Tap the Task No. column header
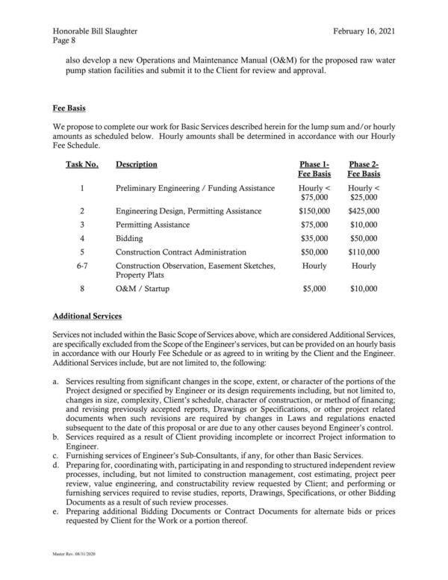coord(82,164)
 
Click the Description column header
coord(137,164)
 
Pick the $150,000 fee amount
coord(314,211)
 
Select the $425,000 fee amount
coord(364,211)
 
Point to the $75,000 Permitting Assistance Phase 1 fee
coord(314,225)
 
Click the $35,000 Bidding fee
coord(314,238)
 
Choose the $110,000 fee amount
coord(364,252)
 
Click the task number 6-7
coord(82,266)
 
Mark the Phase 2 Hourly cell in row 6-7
coord(364,266)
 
